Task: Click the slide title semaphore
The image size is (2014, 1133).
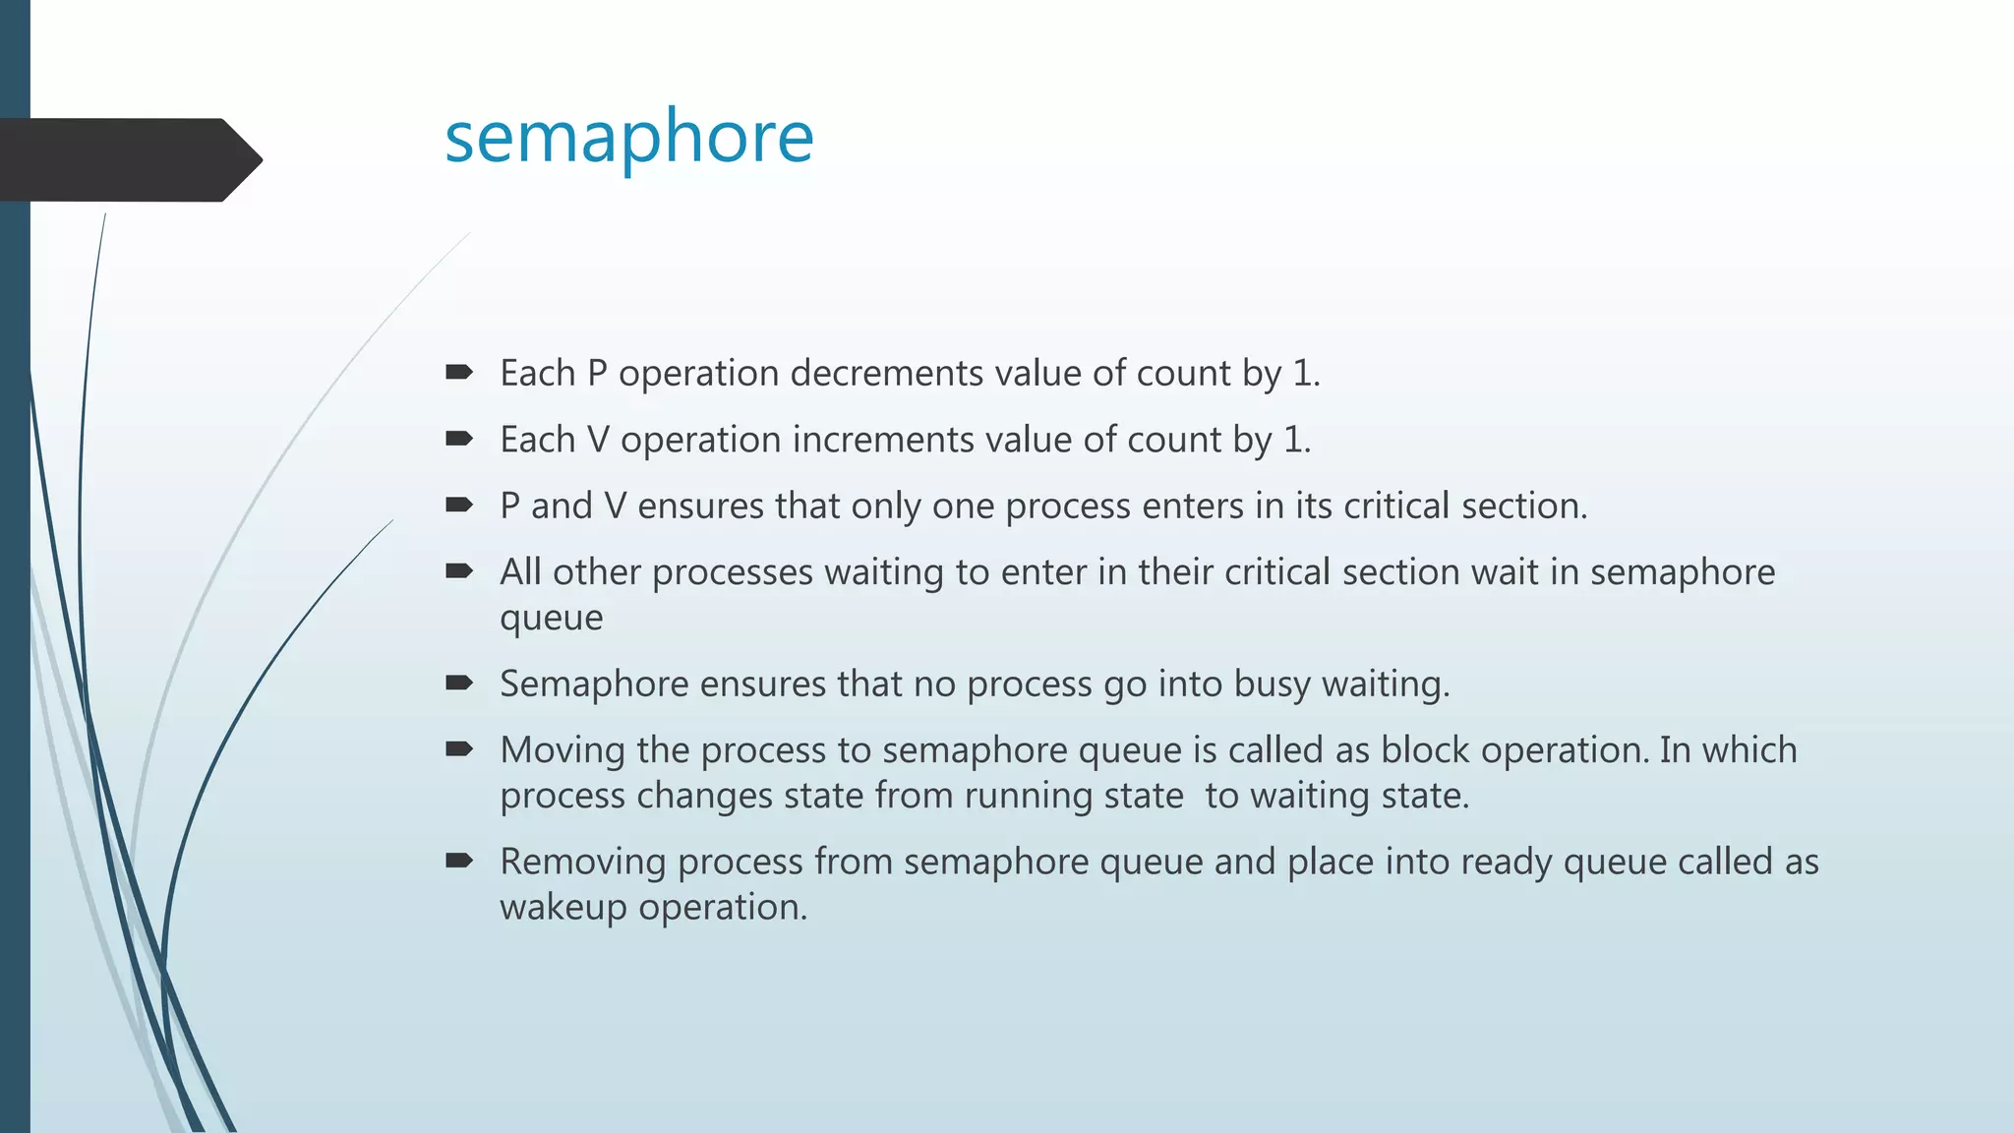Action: tap(629, 138)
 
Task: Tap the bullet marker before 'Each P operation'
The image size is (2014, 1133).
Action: tap(458, 372)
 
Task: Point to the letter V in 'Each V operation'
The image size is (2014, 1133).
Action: tap(598, 440)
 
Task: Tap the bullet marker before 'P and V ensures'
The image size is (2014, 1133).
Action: tap(458, 505)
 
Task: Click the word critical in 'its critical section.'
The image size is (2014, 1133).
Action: tap(1396, 506)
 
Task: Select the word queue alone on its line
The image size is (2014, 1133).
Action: tap(551, 619)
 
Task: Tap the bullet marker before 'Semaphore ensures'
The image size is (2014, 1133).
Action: tap(458, 683)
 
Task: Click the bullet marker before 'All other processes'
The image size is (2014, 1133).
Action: tap(458, 570)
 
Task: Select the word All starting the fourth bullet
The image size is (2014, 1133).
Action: tap(520, 571)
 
